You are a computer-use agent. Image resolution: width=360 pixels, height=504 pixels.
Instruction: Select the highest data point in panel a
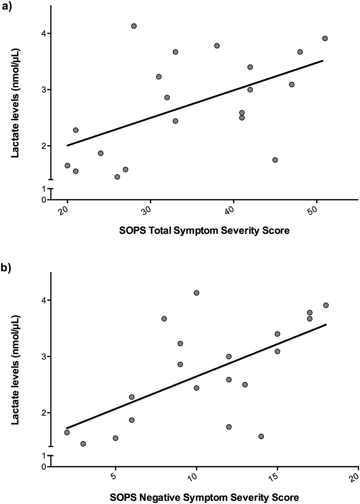(134, 26)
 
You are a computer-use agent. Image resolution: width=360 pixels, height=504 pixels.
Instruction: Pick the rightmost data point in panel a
(325, 38)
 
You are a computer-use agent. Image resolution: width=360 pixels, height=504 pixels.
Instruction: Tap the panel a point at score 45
(275, 160)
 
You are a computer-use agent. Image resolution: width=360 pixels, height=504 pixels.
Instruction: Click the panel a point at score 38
(217, 46)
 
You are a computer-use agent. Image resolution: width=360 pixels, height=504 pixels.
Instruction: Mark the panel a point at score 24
(100, 153)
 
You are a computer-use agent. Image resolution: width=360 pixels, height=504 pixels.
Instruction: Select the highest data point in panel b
(196, 293)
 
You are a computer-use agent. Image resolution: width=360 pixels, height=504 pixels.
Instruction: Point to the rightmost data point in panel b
(326, 305)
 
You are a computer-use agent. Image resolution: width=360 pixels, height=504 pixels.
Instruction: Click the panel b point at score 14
(261, 436)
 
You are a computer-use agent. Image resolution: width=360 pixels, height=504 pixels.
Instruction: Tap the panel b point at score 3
(83, 443)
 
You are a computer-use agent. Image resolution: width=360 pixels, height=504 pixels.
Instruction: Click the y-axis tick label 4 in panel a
(43, 33)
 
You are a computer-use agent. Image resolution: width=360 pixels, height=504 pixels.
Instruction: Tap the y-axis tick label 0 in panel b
(43, 467)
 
